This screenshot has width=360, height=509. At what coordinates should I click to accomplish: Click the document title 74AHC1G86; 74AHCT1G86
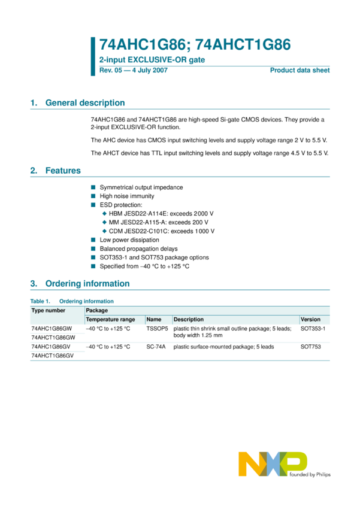[x=195, y=45]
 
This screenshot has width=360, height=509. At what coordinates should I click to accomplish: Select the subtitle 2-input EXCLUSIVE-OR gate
[x=152, y=60]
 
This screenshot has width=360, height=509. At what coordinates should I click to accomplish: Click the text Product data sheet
[x=300, y=71]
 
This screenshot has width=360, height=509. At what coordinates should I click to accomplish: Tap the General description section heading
[x=85, y=103]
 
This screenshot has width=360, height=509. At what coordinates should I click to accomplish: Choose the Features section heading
[x=63, y=171]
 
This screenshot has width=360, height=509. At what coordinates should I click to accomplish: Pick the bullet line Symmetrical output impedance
[x=141, y=187]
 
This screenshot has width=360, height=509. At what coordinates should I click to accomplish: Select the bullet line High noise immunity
[x=127, y=196]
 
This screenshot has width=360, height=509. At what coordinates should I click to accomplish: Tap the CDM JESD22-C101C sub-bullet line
[x=162, y=231]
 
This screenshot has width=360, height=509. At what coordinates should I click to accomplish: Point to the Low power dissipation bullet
[x=129, y=240]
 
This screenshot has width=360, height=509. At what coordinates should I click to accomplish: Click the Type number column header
[x=49, y=311]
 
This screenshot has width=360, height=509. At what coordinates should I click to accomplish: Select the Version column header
[x=310, y=320]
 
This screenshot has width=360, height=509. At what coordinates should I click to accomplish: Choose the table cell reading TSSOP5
[x=157, y=329]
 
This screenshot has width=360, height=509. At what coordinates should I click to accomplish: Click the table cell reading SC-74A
[x=155, y=347]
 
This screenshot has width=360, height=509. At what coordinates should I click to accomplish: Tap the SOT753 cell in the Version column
[x=310, y=347]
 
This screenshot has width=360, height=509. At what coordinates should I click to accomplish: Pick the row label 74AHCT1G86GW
[x=53, y=338]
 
